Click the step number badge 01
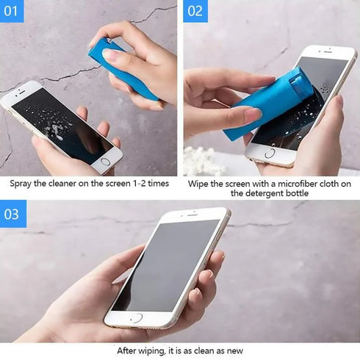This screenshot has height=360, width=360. tap(12, 11)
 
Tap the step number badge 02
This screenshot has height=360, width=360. tap(195, 11)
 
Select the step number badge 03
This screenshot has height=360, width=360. tap(13, 214)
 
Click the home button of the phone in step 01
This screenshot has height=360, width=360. tap(106, 161)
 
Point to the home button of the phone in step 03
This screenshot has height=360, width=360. tap(136, 318)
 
